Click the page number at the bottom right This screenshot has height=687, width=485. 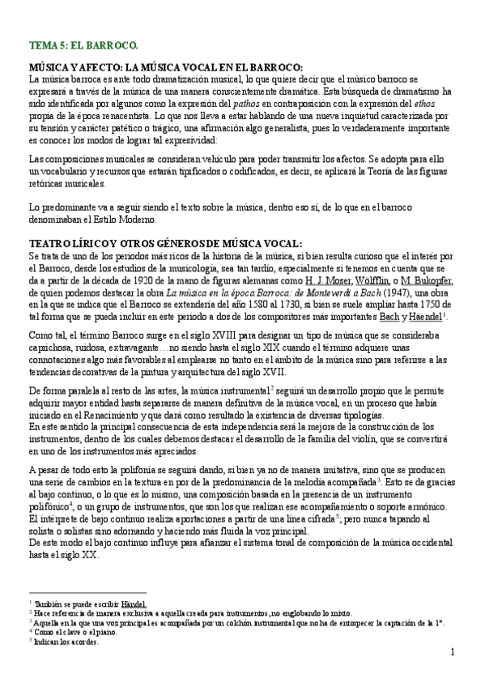453,652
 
